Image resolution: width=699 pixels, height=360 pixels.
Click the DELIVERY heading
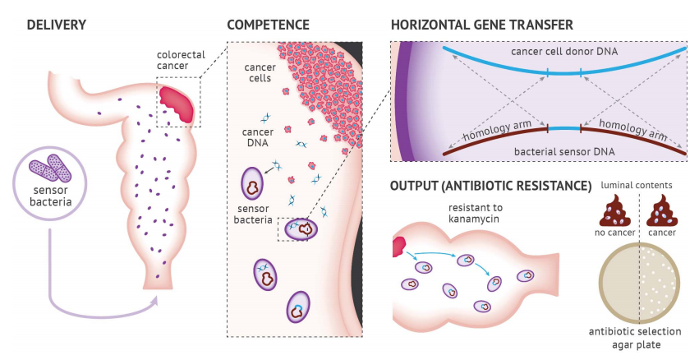(56, 25)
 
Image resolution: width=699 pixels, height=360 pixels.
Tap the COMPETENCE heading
(269, 25)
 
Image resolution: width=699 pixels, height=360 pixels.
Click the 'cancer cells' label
(260, 73)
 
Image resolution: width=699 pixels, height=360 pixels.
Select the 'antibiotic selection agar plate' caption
(638, 338)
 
